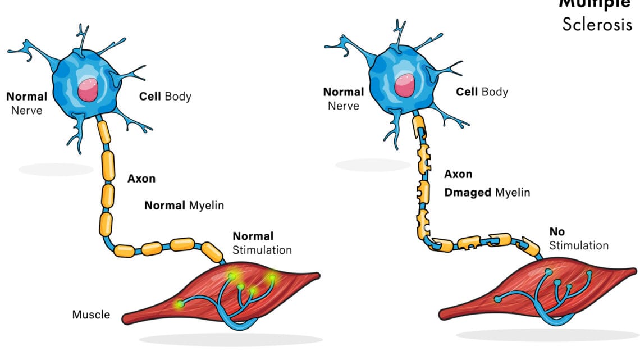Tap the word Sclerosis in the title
click(x=597, y=25)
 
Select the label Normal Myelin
click(x=184, y=205)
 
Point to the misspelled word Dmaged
click(x=467, y=192)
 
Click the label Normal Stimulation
click(x=262, y=243)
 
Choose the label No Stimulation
click(x=578, y=239)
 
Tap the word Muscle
click(x=91, y=315)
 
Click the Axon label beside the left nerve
click(x=141, y=179)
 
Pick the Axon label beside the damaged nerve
click(x=458, y=174)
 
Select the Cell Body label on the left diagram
click(x=165, y=96)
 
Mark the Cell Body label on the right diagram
click(x=482, y=92)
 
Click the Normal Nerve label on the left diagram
click(x=27, y=103)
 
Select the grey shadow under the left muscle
click(x=230, y=340)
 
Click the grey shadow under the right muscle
click(x=547, y=335)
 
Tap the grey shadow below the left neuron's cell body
click(x=53, y=168)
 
